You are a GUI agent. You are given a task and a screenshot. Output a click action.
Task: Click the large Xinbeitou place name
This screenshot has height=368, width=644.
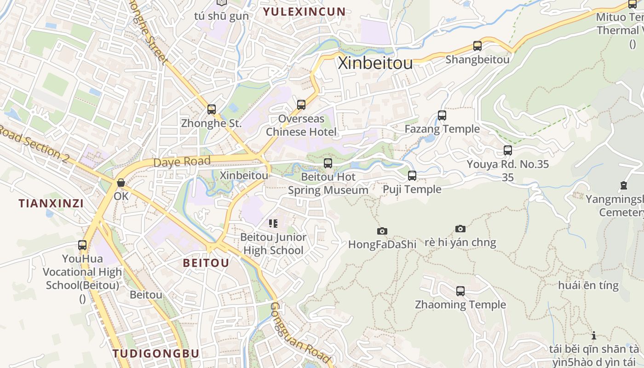click(375, 63)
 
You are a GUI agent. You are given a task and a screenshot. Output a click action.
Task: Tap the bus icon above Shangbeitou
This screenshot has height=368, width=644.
click(477, 46)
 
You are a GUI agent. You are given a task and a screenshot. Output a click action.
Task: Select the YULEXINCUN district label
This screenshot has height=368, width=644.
click(304, 11)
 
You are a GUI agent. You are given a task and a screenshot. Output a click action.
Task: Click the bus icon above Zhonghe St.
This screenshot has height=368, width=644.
click(212, 109)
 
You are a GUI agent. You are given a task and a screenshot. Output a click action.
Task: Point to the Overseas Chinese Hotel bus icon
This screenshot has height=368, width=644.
click(301, 105)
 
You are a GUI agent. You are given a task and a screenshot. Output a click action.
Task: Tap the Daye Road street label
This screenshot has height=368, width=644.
click(182, 162)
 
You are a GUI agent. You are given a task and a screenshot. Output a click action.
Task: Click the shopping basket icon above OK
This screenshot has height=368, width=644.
click(121, 183)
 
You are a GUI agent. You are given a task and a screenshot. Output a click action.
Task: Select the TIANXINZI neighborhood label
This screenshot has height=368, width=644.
click(51, 203)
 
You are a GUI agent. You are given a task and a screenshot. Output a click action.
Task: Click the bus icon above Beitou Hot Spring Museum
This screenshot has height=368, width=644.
click(328, 163)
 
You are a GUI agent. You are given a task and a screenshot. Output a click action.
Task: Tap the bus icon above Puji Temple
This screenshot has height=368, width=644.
click(412, 175)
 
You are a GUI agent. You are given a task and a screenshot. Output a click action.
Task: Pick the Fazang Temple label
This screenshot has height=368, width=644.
click(442, 129)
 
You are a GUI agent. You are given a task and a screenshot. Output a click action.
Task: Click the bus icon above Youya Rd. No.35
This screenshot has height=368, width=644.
click(508, 150)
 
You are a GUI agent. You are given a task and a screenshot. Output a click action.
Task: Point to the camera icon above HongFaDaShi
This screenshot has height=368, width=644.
click(382, 231)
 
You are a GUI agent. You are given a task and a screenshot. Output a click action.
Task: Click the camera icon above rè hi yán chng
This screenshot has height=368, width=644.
click(460, 229)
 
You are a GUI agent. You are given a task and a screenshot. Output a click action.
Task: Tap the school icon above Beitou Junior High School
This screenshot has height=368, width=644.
click(273, 224)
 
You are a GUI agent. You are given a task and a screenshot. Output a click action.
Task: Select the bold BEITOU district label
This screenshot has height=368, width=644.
click(206, 263)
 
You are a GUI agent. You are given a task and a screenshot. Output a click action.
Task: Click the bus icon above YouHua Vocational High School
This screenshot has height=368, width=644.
click(82, 245)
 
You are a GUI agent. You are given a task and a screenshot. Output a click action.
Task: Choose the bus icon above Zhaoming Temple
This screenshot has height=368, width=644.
click(460, 291)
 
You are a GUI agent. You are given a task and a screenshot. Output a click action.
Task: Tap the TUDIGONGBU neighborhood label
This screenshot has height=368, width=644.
click(156, 353)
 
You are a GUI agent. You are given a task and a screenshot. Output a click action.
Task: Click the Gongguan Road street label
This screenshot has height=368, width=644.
click(300, 332)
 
